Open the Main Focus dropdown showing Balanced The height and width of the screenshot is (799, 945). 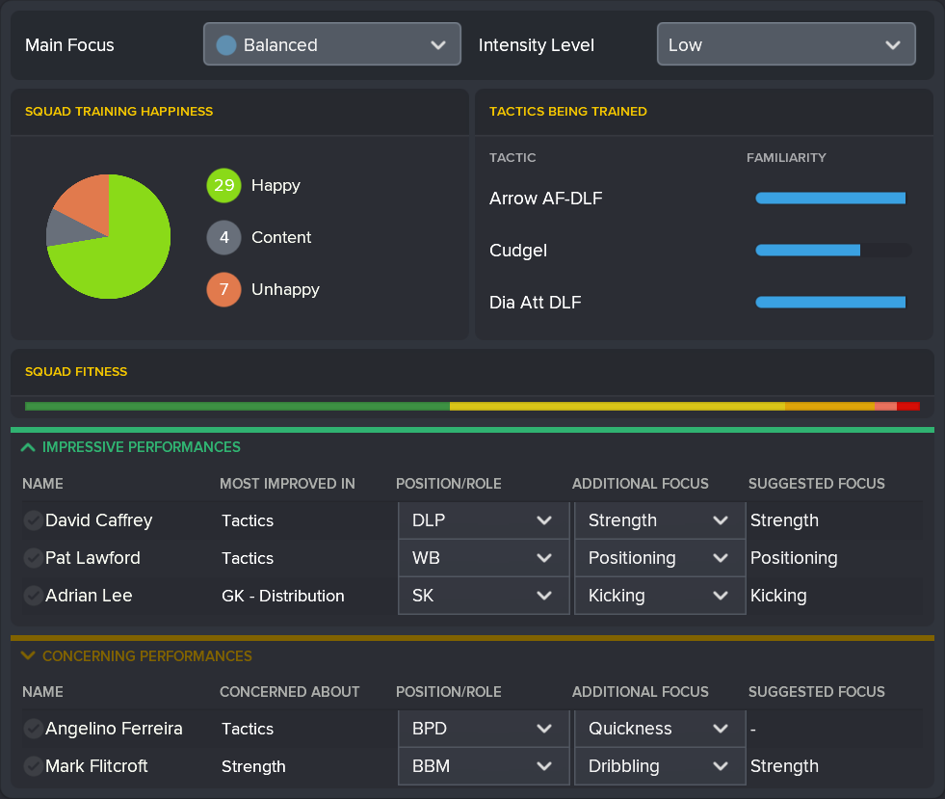point(331,44)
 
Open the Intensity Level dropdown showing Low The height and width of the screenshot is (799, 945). point(785,44)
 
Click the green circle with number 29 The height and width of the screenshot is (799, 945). point(223,185)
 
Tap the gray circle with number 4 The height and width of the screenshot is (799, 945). point(223,237)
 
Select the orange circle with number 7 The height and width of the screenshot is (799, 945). point(223,289)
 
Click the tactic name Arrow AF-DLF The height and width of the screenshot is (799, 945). point(545,199)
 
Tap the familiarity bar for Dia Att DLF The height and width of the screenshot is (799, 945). point(830,303)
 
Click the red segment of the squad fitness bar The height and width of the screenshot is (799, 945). point(908,407)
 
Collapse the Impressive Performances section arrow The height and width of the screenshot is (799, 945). point(28,447)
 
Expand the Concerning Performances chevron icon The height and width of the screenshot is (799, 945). point(28,656)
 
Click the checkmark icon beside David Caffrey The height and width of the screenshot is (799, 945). point(33,521)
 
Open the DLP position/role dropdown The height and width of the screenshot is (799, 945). point(483,520)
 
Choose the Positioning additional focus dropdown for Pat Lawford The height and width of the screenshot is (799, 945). point(659,558)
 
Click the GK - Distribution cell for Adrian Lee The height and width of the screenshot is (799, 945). point(282,596)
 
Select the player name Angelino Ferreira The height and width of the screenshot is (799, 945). point(114,729)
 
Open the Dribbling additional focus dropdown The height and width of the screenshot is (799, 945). point(659,766)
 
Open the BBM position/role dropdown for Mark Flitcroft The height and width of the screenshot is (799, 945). point(483,766)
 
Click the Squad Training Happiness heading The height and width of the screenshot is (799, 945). point(118,112)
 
